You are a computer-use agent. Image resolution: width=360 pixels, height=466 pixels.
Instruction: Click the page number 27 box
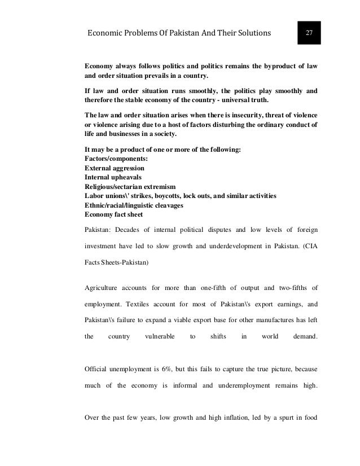309,32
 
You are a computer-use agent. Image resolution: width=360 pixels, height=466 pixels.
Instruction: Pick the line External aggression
114,168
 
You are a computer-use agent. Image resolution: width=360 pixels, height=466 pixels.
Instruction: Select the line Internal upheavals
111,177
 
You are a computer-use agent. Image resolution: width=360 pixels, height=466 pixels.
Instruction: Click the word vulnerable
160,337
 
